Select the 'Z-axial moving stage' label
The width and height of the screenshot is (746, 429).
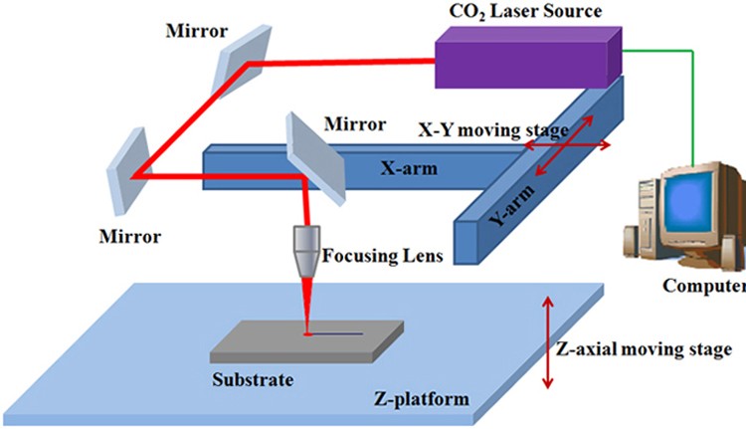(646, 349)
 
